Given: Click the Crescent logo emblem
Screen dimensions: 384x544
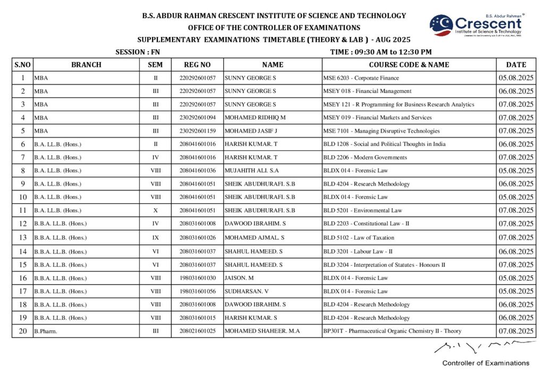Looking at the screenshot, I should coord(441,25).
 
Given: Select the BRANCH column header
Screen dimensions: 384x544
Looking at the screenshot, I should coord(86,65).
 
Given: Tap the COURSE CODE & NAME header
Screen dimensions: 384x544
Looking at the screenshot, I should coord(409,65).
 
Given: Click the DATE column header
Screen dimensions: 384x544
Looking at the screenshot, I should coord(516,65).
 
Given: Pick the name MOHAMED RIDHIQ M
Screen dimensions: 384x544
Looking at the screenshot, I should coord(255,118).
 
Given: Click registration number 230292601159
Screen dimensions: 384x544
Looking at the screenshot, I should coord(197,131).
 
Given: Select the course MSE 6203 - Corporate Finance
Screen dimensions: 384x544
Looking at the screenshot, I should coord(361,78).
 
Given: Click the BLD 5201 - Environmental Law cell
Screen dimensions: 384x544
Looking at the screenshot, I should coord(363,211).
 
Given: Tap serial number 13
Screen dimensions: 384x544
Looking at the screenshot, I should coord(23,238).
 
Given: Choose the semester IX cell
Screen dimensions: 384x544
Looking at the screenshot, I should coord(156,238).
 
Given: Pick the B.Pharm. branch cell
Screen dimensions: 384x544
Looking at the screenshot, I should coord(46,331).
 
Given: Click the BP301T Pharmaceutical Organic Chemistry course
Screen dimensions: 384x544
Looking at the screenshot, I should coord(392,331).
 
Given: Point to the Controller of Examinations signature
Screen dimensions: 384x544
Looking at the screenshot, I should coord(483,347).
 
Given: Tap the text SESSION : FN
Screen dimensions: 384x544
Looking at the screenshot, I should coord(138,52).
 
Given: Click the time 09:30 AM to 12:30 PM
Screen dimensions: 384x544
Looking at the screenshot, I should coord(380,52).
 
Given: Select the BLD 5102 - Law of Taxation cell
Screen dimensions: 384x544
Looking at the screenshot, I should coord(359,238).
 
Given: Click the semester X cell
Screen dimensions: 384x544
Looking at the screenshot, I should coord(156,211).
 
